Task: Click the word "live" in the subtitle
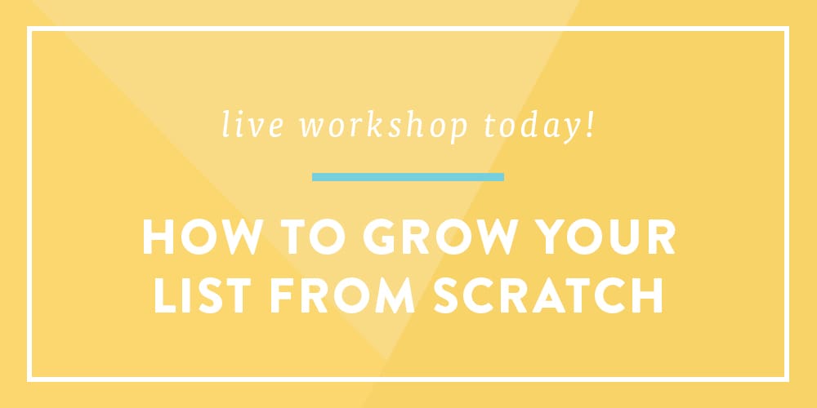(x=253, y=125)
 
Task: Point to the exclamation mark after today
(x=590, y=125)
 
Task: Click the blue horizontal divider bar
(x=408, y=177)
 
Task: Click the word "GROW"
(x=441, y=237)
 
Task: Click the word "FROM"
(x=342, y=295)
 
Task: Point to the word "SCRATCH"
(x=547, y=295)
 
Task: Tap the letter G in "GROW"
(x=381, y=237)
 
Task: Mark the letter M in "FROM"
(x=394, y=295)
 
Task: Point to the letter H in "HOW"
(x=158, y=237)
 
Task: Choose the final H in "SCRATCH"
(x=647, y=295)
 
